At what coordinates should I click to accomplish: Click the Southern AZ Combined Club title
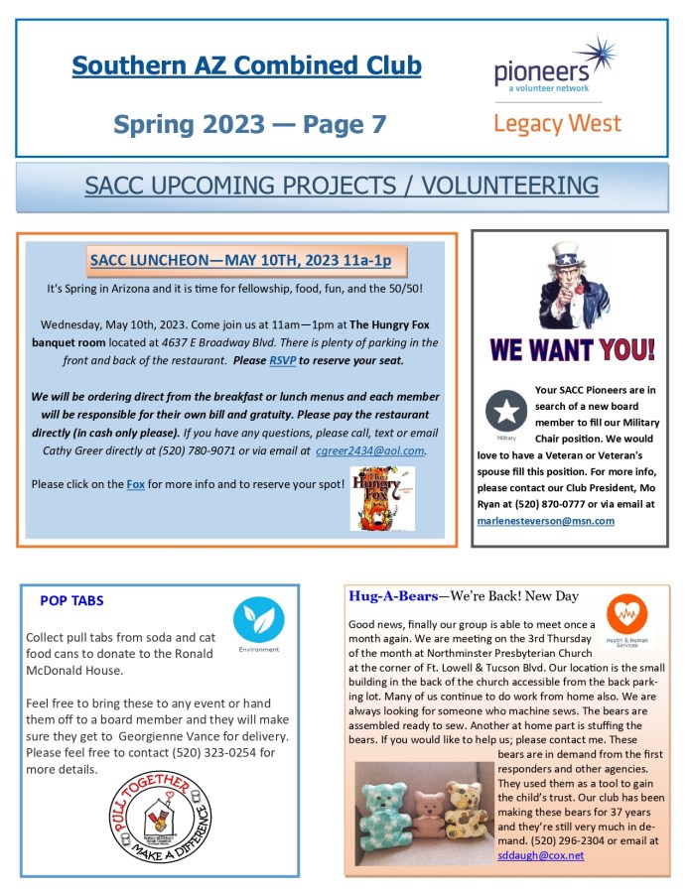pos(246,66)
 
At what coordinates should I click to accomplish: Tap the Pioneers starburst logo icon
pos(593,56)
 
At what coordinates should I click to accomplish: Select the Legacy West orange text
pos(557,124)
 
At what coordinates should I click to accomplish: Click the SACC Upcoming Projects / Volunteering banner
pos(342,186)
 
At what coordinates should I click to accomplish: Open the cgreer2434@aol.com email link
pos(370,450)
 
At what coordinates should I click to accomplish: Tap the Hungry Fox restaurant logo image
pos(382,498)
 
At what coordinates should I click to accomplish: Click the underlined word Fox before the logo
pos(135,484)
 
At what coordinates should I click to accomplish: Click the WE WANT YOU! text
pos(573,349)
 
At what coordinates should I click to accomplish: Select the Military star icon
pos(506,410)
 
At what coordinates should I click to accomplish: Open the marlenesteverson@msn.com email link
pos(545,520)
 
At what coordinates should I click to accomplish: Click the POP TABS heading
pos(71,600)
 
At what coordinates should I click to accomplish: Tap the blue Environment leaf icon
pos(258,620)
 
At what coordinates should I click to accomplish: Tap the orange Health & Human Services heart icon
pos(625,616)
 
